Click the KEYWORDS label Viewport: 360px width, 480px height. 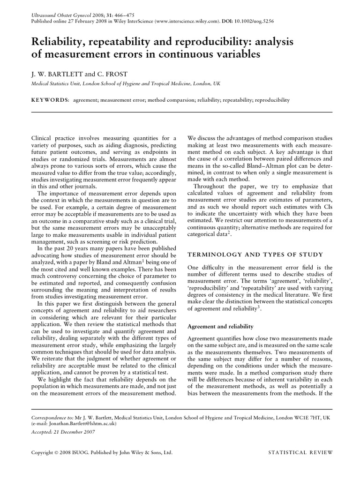click(50, 100)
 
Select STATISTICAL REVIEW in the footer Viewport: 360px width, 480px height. click(300, 453)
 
